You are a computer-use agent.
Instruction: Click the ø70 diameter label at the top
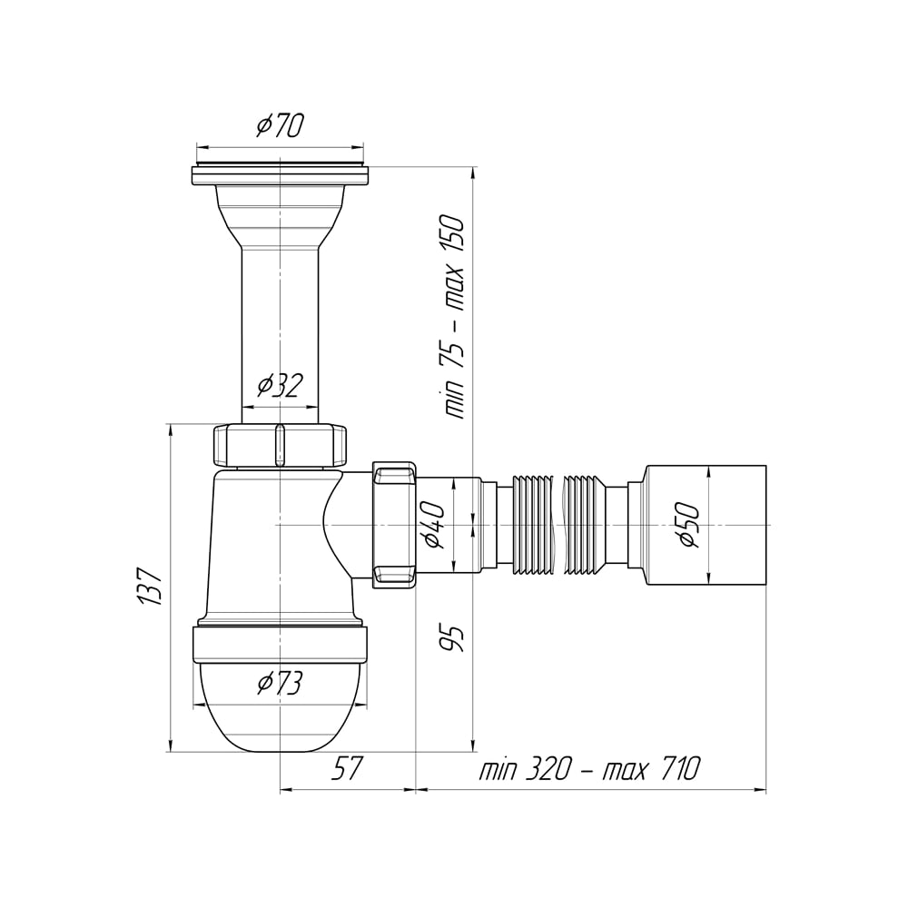click(281, 125)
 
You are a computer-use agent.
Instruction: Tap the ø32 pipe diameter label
click(281, 385)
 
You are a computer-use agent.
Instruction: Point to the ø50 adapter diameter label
click(689, 525)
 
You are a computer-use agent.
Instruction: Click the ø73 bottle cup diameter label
click(281, 684)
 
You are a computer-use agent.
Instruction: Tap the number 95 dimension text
click(453, 638)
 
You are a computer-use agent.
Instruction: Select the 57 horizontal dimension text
click(347, 768)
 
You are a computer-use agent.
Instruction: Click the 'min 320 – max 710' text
click(590, 768)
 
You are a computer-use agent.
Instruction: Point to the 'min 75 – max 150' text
click(454, 317)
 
